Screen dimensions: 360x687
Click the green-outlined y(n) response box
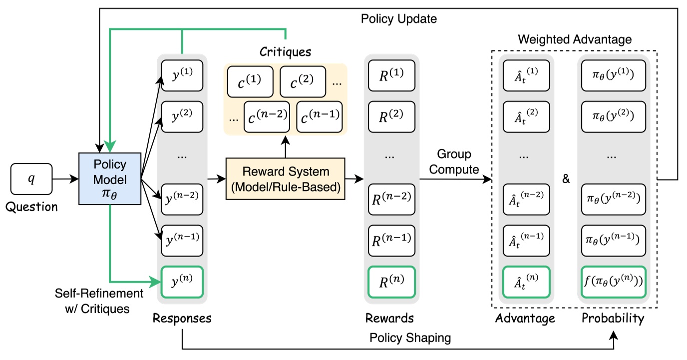pos(182,282)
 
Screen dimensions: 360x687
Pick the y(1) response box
pos(182,75)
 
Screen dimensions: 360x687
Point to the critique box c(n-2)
pos(268,116)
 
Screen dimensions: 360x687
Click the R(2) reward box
pos(391,117)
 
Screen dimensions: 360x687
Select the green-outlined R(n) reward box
pos(391,283)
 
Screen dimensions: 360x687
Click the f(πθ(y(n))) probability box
pos(613,283)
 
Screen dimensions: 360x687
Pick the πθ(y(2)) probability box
pos(613,117)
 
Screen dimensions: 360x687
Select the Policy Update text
pos(398,19)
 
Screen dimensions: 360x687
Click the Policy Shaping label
pos(410,338)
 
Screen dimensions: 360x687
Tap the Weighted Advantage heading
pos(575,39)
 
